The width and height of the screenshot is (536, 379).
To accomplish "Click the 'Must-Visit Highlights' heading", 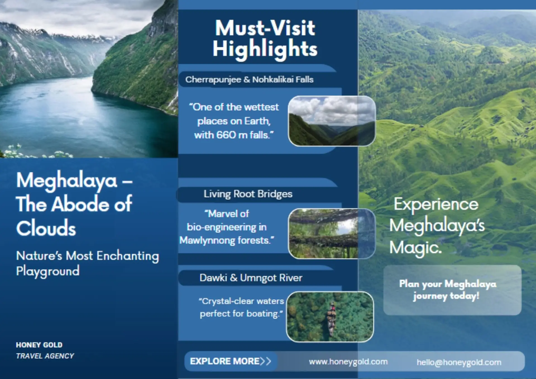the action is tap(265, 39).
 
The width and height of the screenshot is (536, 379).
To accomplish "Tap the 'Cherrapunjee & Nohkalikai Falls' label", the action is tap(249, 80).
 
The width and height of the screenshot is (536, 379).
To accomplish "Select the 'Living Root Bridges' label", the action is tap(248, 194).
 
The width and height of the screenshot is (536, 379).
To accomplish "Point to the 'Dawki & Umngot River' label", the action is tap(251, 278).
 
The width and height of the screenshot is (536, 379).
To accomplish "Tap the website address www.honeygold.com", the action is tap(348, 362).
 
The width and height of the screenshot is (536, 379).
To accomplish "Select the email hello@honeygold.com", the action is tap(459, 363).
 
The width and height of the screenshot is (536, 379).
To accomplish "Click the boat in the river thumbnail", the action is tap(331, 319).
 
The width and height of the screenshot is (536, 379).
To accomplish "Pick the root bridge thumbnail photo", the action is tap(332, 233).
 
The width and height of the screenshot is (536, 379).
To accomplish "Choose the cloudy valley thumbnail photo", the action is tap(332, 121).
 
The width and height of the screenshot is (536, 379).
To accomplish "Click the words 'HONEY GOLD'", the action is tap(39, 345).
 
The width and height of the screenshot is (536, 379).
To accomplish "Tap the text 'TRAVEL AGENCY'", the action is tap(45, 356).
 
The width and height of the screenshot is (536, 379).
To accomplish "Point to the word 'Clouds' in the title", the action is tap(46, 228).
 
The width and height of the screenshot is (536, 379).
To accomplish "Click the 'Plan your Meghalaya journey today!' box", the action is tap(452, 290).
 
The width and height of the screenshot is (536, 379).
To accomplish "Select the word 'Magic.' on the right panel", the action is tap(415, 248).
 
